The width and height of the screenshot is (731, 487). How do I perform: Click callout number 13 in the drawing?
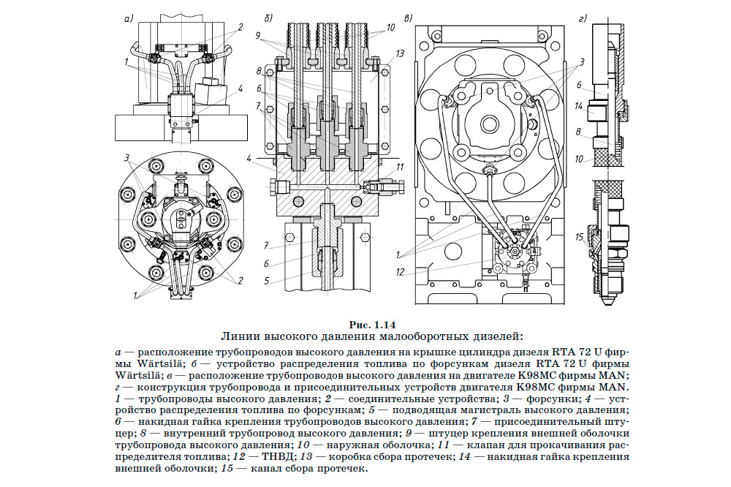400,54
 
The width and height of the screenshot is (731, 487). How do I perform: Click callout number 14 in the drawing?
577,107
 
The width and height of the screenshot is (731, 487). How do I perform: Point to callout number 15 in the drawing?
578,238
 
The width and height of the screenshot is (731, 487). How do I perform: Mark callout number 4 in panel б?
249,157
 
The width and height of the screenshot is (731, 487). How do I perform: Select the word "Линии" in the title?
239,336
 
